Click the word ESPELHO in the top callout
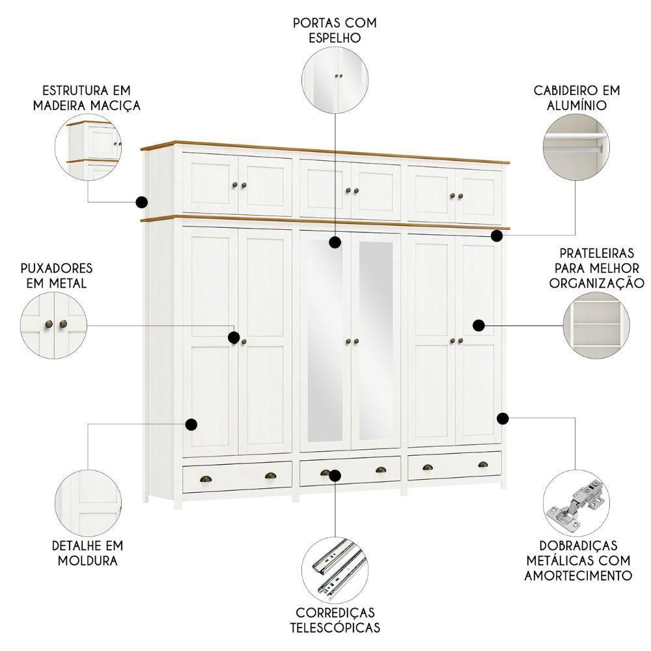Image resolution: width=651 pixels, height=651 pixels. (335, 38)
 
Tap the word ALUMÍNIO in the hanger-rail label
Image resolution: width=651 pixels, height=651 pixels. (576, 105)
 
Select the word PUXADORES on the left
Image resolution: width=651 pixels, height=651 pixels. (57, 268)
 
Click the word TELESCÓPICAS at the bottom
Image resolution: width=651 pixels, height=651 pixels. (335, 628)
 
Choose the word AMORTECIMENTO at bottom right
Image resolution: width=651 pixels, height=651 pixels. (578, 575)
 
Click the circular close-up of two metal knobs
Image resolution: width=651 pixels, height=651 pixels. (54, 324)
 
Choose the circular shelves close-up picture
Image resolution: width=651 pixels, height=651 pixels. (596, 324)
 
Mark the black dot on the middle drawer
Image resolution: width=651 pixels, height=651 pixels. (335, 475)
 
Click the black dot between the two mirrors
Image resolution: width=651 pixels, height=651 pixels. (335, 243)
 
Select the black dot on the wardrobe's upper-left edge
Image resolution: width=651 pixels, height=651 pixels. (141, 202)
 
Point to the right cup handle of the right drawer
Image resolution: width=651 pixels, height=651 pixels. (483, 465)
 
